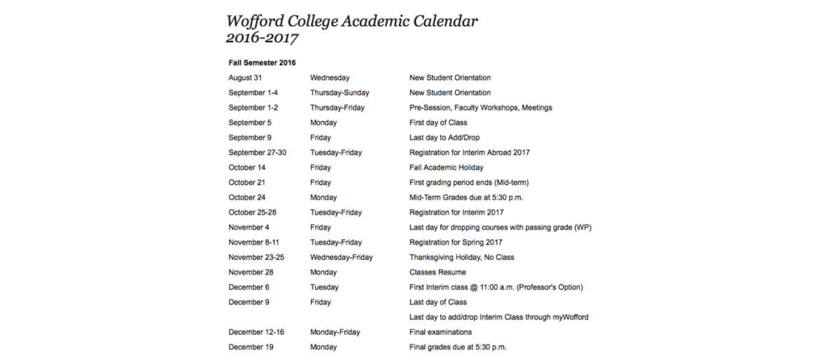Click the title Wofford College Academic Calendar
coord(352,20)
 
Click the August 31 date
coord(244,78)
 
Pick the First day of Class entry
coord(437,123)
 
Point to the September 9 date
coord(250,138)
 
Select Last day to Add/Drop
coord(444,138)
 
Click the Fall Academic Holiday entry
coord(446,167)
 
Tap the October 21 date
coord(247,183)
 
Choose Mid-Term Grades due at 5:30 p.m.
coord(466,198)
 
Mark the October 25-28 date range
coord(253,212)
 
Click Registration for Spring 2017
coord(456,242)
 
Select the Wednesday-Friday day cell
coord(342,257)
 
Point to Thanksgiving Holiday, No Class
coord(461,257)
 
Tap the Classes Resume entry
coord(437,272)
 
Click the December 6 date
coord(249,287)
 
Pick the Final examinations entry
coord(440,332)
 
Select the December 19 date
coord(251,347)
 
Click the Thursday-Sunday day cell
coord(339,92)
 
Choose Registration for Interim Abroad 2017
coord(469,153)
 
